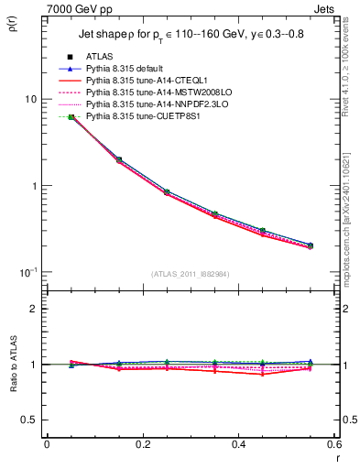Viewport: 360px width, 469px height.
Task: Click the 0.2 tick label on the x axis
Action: click(x=142, y=444)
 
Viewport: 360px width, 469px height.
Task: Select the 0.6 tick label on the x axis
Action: click(x=333, y=444)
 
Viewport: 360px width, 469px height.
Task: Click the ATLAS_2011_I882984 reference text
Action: click(x=191, y=274)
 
